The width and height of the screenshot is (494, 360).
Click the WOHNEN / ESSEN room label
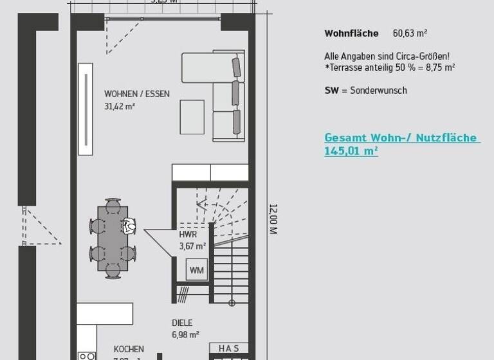click(x=136, y=94)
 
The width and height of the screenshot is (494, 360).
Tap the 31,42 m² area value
click(x=120, y=106)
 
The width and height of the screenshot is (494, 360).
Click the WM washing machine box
click(x=197, y=270)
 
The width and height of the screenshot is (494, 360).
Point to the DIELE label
click(x=182, y=323)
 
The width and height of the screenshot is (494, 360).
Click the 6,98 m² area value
click(x=185, y=335)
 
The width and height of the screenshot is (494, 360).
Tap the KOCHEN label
click(x=129, y=349)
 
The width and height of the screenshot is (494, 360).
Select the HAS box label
click(x=228, y=348)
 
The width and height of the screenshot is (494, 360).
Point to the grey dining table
click(x=113, y=239)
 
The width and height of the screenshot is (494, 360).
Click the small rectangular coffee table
click(x=192, y=117)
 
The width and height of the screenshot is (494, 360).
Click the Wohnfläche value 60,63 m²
click(x=410, y=33)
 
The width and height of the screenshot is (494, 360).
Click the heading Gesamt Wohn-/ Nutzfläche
click(x=401, y=138)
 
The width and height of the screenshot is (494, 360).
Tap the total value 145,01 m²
click(x=351, y=151)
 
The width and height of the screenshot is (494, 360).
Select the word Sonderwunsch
click(x=378, y=91)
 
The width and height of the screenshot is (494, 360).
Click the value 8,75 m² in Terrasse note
click(x=441, y=67)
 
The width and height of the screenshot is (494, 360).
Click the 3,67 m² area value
click(x=192, y=246)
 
